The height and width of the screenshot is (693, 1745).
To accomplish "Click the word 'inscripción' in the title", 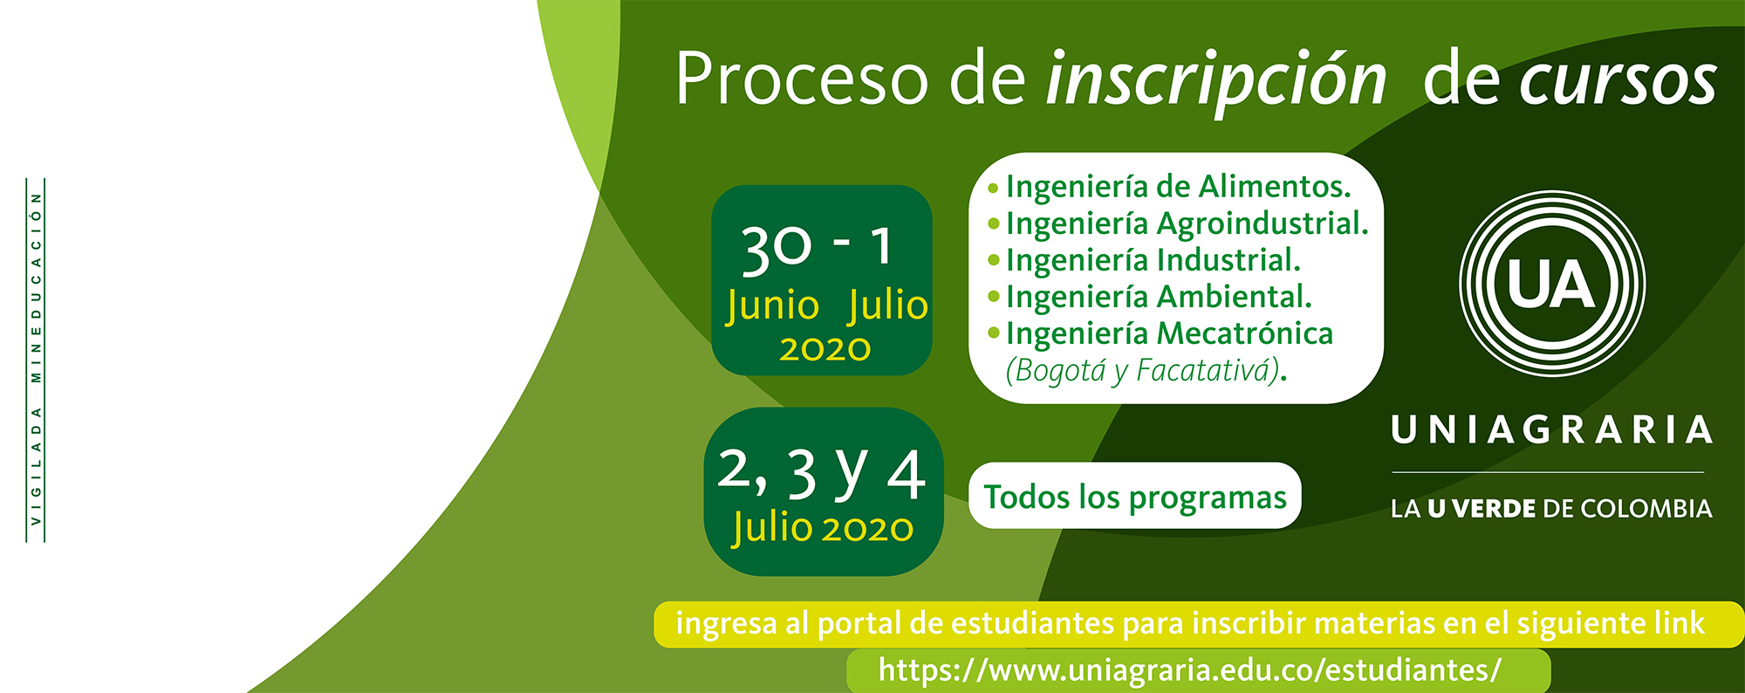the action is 1216,80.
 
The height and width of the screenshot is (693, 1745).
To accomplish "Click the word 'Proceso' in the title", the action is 801,79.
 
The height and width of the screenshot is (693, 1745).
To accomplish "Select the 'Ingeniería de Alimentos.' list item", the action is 1170,187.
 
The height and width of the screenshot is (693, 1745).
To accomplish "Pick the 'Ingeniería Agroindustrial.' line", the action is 1178,224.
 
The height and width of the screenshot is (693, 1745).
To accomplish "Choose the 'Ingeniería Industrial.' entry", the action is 1144,260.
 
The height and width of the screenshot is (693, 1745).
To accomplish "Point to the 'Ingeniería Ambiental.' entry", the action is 1150,297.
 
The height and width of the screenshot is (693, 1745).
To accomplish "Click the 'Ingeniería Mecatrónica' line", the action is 1160,333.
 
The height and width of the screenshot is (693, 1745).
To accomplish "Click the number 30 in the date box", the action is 776,248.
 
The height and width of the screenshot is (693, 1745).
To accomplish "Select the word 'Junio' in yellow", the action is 773,306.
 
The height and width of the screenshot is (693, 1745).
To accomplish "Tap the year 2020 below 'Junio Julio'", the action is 825,349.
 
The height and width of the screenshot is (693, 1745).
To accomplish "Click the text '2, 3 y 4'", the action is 821,473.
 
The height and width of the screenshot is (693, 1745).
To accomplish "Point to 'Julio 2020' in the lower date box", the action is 823,528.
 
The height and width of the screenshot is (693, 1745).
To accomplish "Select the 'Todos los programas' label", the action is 1135,497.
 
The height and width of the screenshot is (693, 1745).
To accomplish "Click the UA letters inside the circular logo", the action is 1551,285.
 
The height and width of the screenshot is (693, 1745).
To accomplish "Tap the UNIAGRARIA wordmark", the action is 1551,430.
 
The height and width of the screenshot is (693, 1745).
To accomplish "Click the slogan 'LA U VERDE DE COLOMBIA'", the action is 1551,509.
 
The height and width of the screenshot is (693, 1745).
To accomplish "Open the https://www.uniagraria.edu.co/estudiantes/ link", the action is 1190,669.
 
